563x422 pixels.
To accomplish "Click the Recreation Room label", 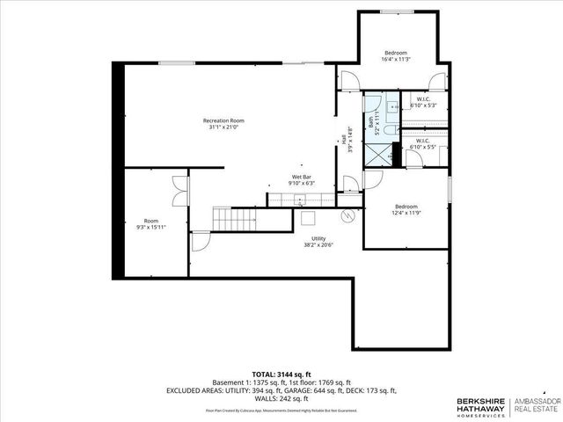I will click(223, 124).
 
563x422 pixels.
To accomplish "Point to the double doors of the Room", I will click(180, 191).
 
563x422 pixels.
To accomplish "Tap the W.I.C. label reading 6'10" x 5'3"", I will click(422, 102).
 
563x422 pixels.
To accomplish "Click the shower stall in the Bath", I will click(382, 155).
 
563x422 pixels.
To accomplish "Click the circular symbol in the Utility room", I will click(347, 215).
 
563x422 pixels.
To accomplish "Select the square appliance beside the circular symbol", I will click(309, 219).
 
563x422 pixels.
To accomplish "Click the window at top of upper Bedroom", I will click(397, 11).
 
